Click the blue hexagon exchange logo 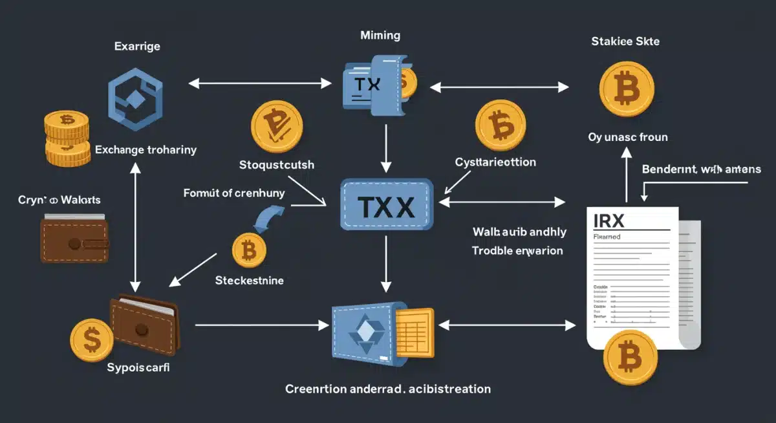[135, 95]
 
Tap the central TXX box [386, 206]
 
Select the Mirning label [380, 36]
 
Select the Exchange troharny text [145, 149]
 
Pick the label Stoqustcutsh [277, 164]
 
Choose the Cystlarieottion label [495, 162]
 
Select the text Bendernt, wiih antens [701, 170]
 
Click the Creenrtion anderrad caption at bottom [387, 389]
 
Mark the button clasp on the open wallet [139, 329]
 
